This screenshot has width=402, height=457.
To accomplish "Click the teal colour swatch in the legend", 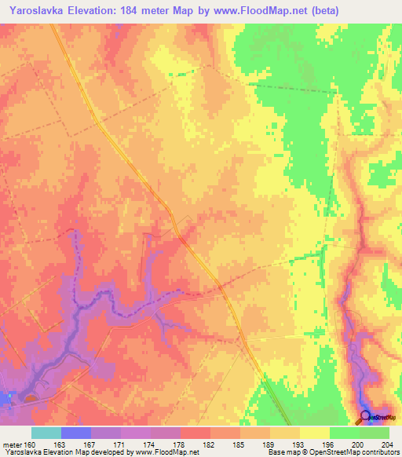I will pyautogui.click(x=46, y=433).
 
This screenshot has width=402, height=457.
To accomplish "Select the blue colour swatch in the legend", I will pyautogui.click(x=75, y=433).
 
